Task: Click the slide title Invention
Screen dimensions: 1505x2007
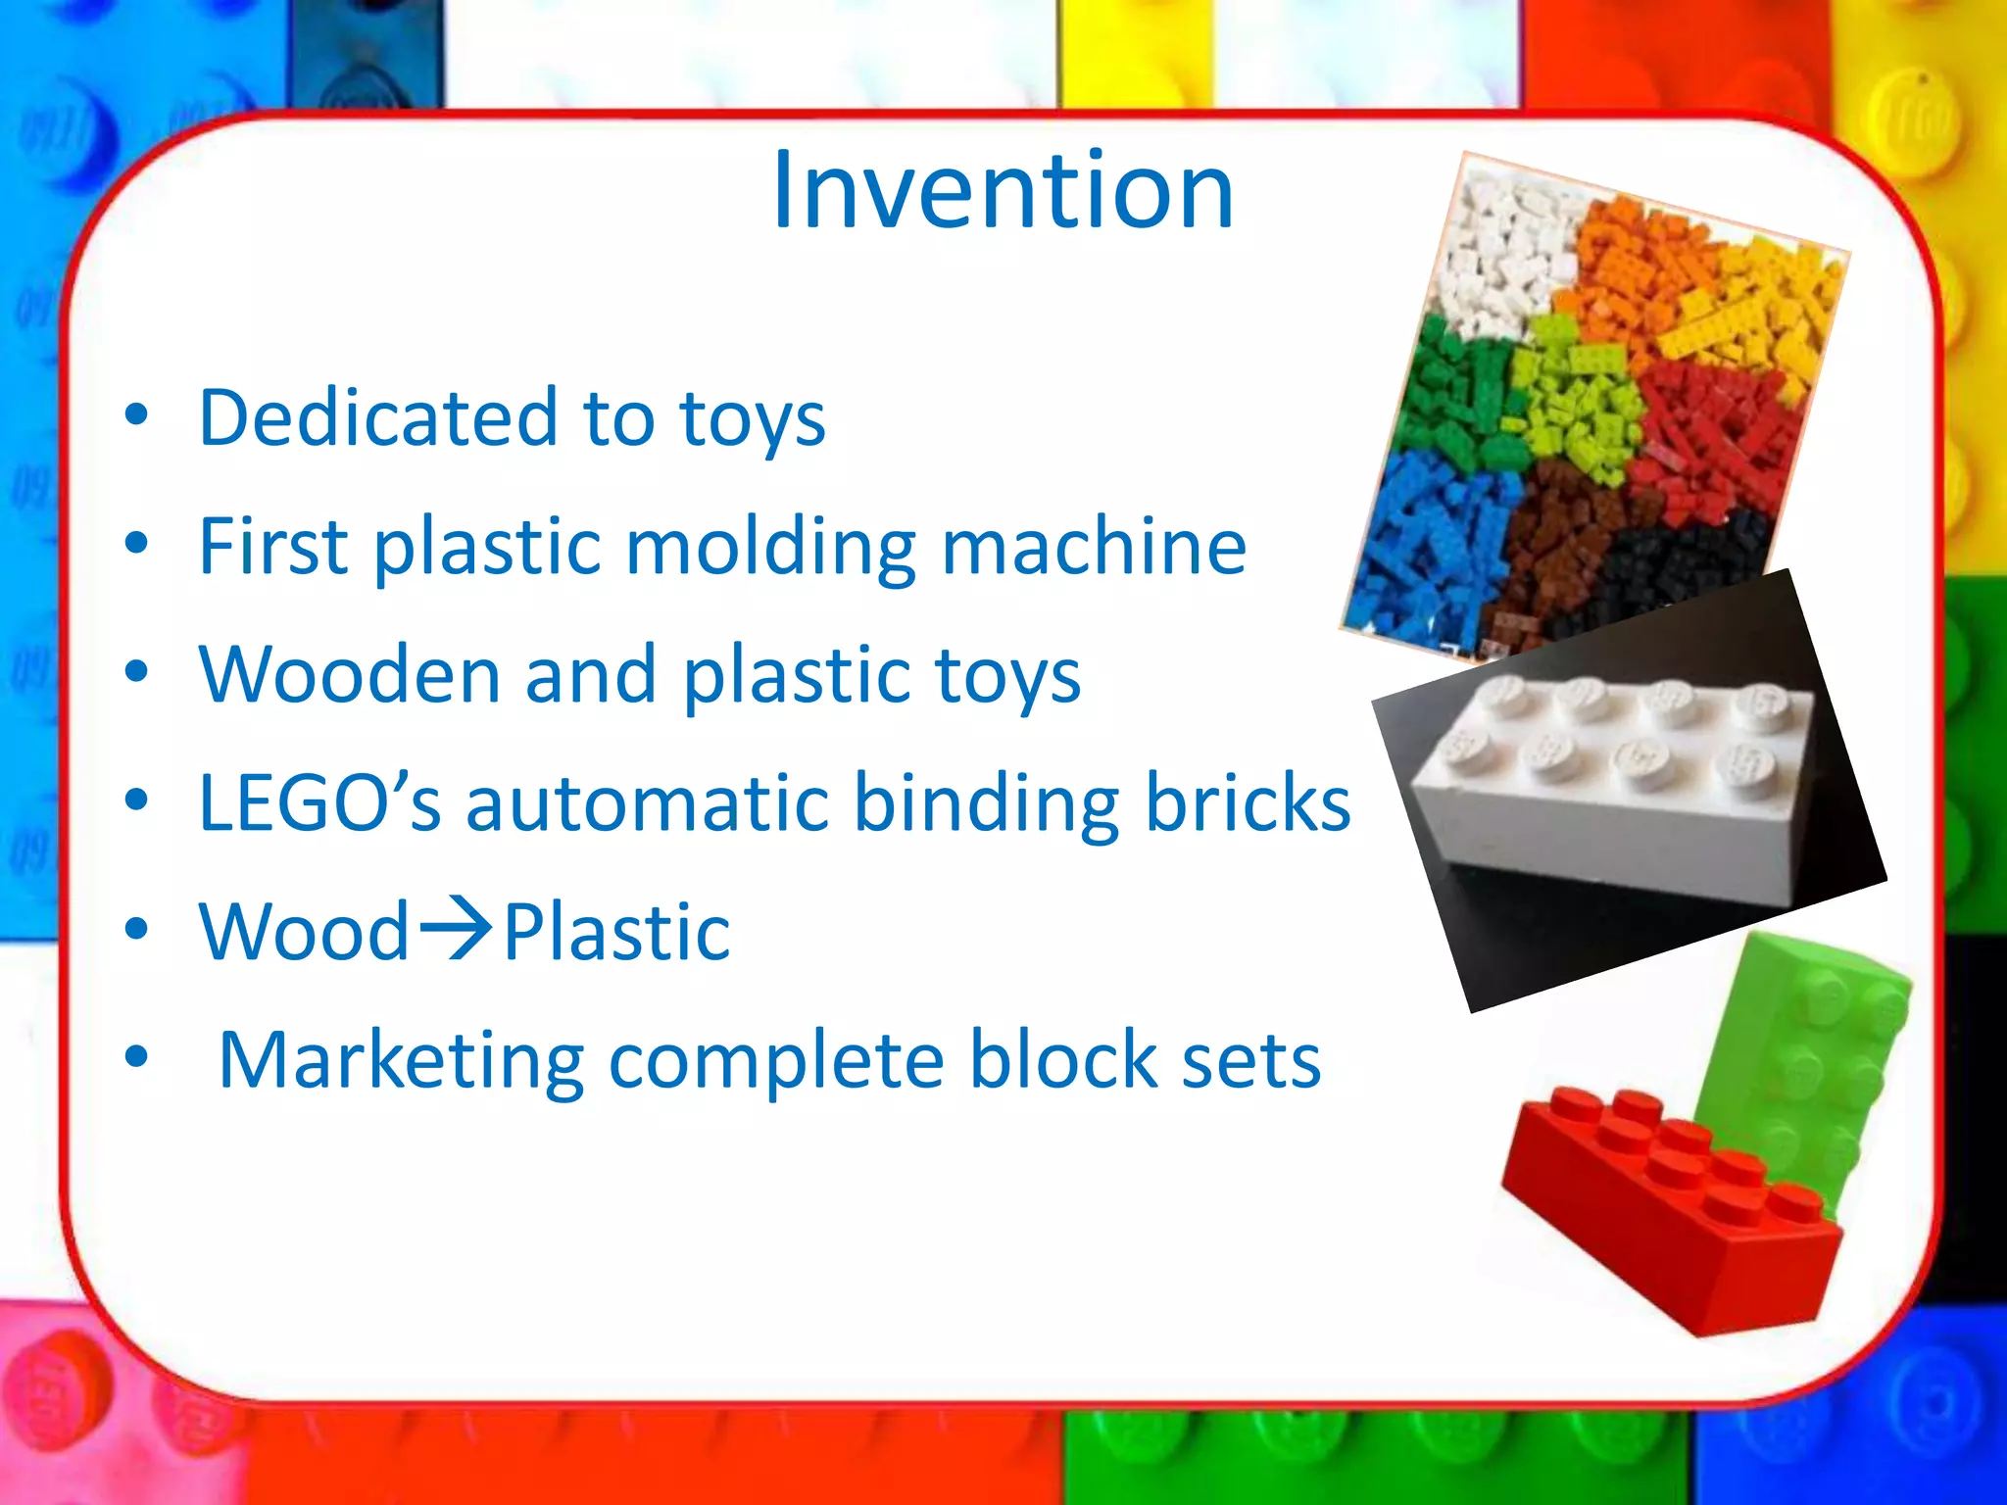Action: tap(1002, 191)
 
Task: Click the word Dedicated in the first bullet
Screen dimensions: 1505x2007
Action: tap(377, 418)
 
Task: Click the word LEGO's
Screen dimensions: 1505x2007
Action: tap(318, 803)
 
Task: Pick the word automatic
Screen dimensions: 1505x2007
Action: tap(647, 803)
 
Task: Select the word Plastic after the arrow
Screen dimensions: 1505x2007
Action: tap(616, 932)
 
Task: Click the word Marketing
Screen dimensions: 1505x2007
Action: tap(401, 1061)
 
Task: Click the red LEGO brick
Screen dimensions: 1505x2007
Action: tap(1666, 1215)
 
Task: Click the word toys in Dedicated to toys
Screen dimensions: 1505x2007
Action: tap(752, 418)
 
